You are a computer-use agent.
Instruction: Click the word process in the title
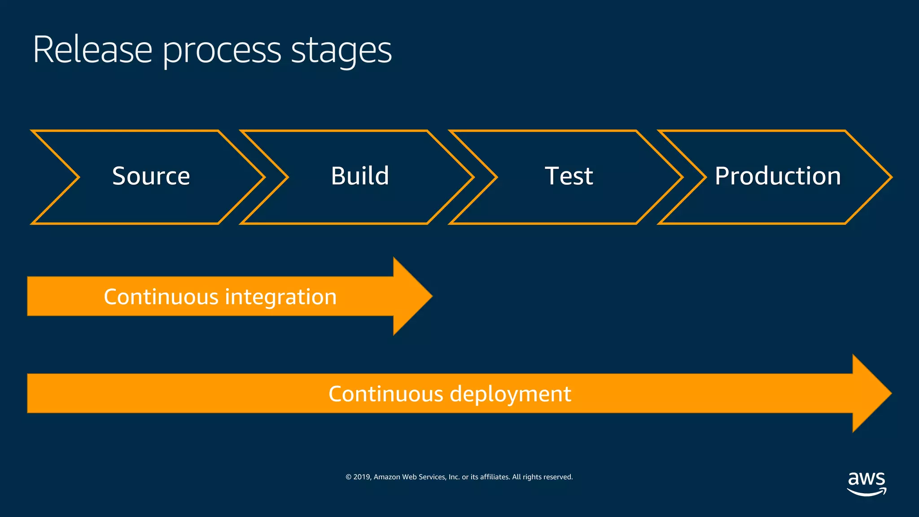(x=222, y=50)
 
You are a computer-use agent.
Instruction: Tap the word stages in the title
(x=341, y=50)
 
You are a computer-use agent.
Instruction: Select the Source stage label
(x=151, y=176)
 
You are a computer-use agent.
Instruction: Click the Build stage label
(x=360, y=176)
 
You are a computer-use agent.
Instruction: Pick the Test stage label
(x=569, y=176)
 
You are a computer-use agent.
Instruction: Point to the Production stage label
(x=778, y=176)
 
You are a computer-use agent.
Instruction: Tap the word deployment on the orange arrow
(x=510, y=394)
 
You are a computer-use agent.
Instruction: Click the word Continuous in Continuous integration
(x=161, y=297)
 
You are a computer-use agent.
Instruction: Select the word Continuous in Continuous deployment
(x=386, y=394)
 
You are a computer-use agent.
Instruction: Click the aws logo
(x=866, y=483)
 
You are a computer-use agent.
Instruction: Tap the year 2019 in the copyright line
(x=362, y=477)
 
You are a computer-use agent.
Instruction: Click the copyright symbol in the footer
(x=348, y=477)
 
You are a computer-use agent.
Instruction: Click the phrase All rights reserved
(x=542, y=477)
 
